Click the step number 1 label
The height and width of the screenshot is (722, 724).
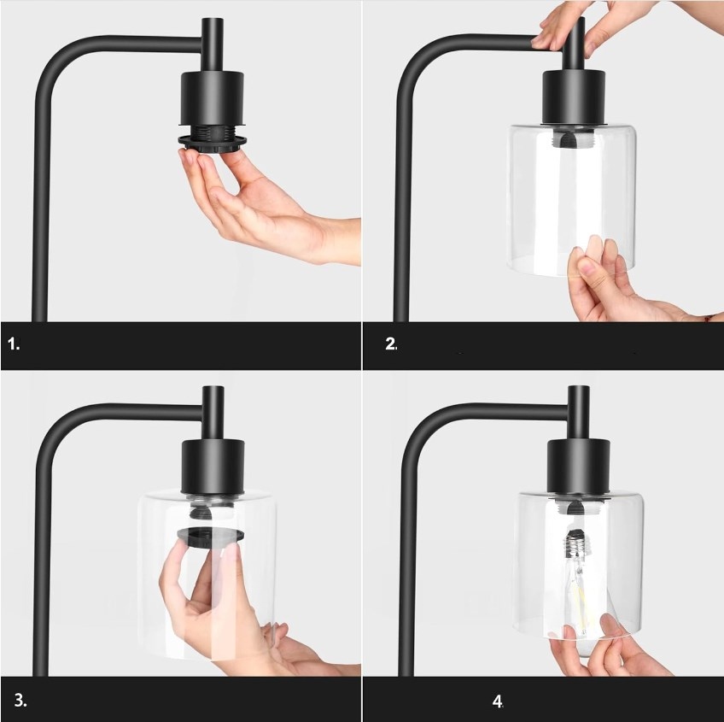click(x=14, y=343)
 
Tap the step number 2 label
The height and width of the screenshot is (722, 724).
click(x=391, y=343)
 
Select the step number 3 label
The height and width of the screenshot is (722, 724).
click(x=20, y=701)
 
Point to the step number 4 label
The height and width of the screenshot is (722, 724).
click(x=497, y=701)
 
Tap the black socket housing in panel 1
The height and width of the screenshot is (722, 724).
click(x=212, y=98)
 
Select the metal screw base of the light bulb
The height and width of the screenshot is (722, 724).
click(x=575, y=545)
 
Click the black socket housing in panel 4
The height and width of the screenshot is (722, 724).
click(x=579, y=466)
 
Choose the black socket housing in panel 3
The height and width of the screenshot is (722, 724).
click(x=213, y=466)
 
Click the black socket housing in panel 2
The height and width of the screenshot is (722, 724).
click(x=574, y=97)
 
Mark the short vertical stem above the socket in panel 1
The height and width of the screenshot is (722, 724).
click(x=213, y=44)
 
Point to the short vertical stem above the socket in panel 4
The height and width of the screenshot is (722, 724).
click(x=578, y=413)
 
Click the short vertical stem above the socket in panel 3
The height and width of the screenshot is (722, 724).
click(x=213, y=413)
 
